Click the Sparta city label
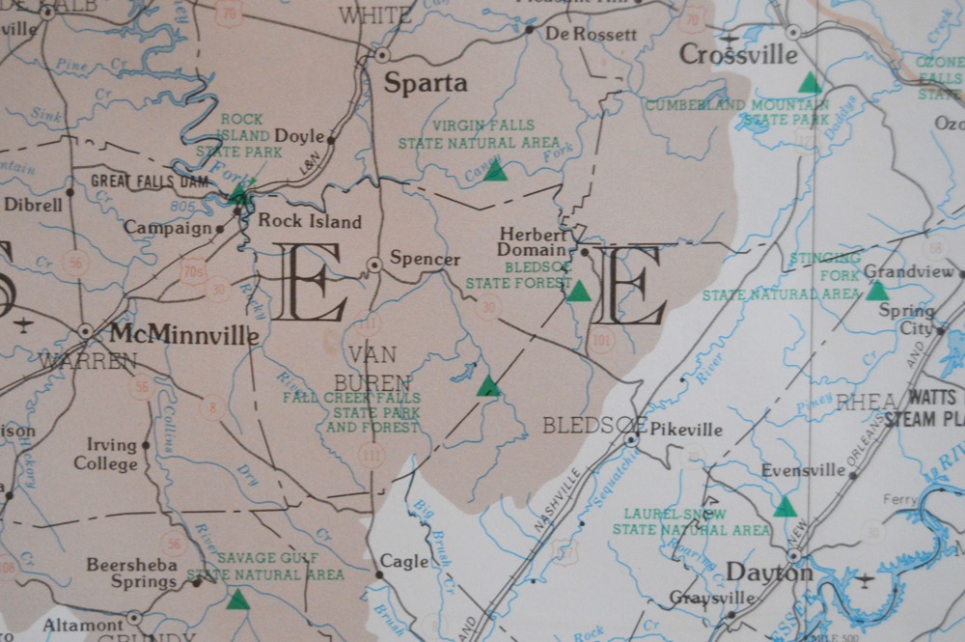[426, 83]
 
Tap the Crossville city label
[739, 54]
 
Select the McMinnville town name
[183, 335]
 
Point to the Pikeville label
[686, 430]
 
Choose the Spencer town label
[425, 259]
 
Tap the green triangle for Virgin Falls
[495, 172]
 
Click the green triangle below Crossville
[810, 84]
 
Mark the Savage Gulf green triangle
[237, 600]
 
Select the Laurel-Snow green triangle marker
[785, 507]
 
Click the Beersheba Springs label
[132, 573]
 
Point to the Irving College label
[106, 454]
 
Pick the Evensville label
[803, 470]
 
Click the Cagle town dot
[378, 574]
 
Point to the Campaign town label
[167, 229]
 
